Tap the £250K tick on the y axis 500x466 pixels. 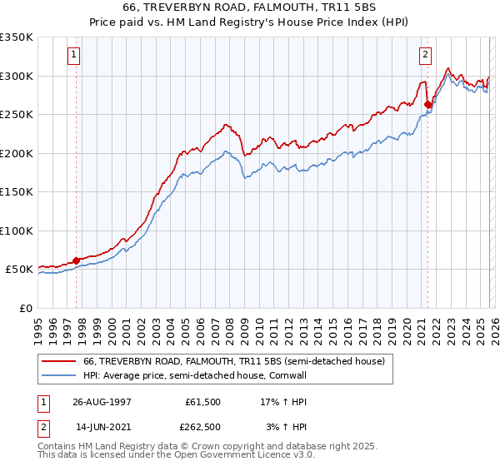click(x=17, y=114)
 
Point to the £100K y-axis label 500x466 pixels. click(x=17, y=231)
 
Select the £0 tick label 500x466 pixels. click(x=25, y=308)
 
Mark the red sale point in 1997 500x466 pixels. click(x=77, y=260)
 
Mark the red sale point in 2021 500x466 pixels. click(x=427, y=105)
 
